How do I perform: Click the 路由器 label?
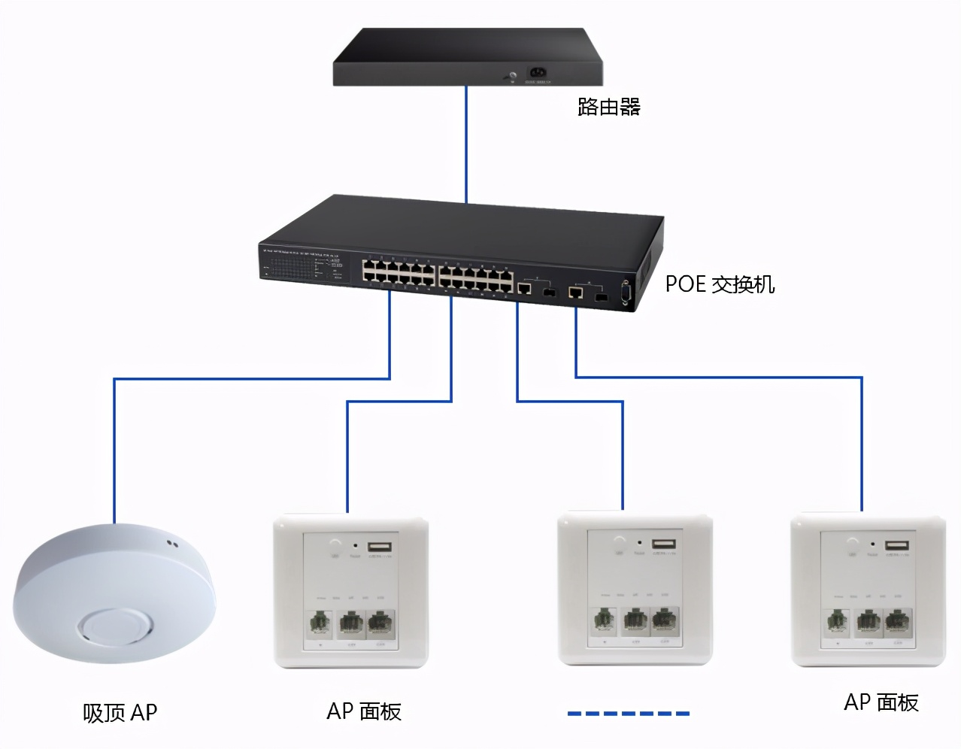pos(608,107)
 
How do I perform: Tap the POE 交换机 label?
pos(720,284)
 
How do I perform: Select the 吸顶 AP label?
pos(120,712)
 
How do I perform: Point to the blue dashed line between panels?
pos(628,713)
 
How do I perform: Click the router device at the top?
pos(468,57)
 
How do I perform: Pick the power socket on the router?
pos(538,74)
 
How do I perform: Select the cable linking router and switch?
pos(466,143)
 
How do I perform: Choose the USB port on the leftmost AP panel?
pos(380,547)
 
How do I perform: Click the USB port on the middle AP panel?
pos(664,544)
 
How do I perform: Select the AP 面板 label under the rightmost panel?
pos(881,702)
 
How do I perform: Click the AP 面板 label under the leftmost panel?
pos(364,711)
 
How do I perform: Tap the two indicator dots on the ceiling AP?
pos(172,543)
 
